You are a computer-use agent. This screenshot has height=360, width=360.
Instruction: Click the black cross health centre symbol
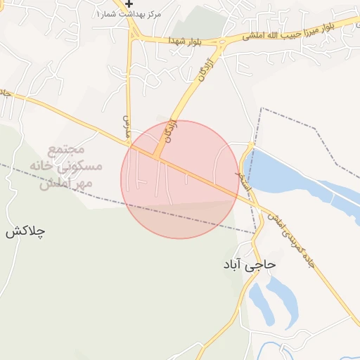click(129, 4)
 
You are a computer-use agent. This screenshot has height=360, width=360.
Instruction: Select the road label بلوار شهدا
click(185, 41)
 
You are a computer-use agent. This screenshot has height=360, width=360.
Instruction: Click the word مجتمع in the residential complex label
click(67, 150)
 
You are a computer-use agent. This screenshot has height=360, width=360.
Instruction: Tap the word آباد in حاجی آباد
click(234, 264)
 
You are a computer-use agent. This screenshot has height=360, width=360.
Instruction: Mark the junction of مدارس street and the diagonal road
click(131, 144)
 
